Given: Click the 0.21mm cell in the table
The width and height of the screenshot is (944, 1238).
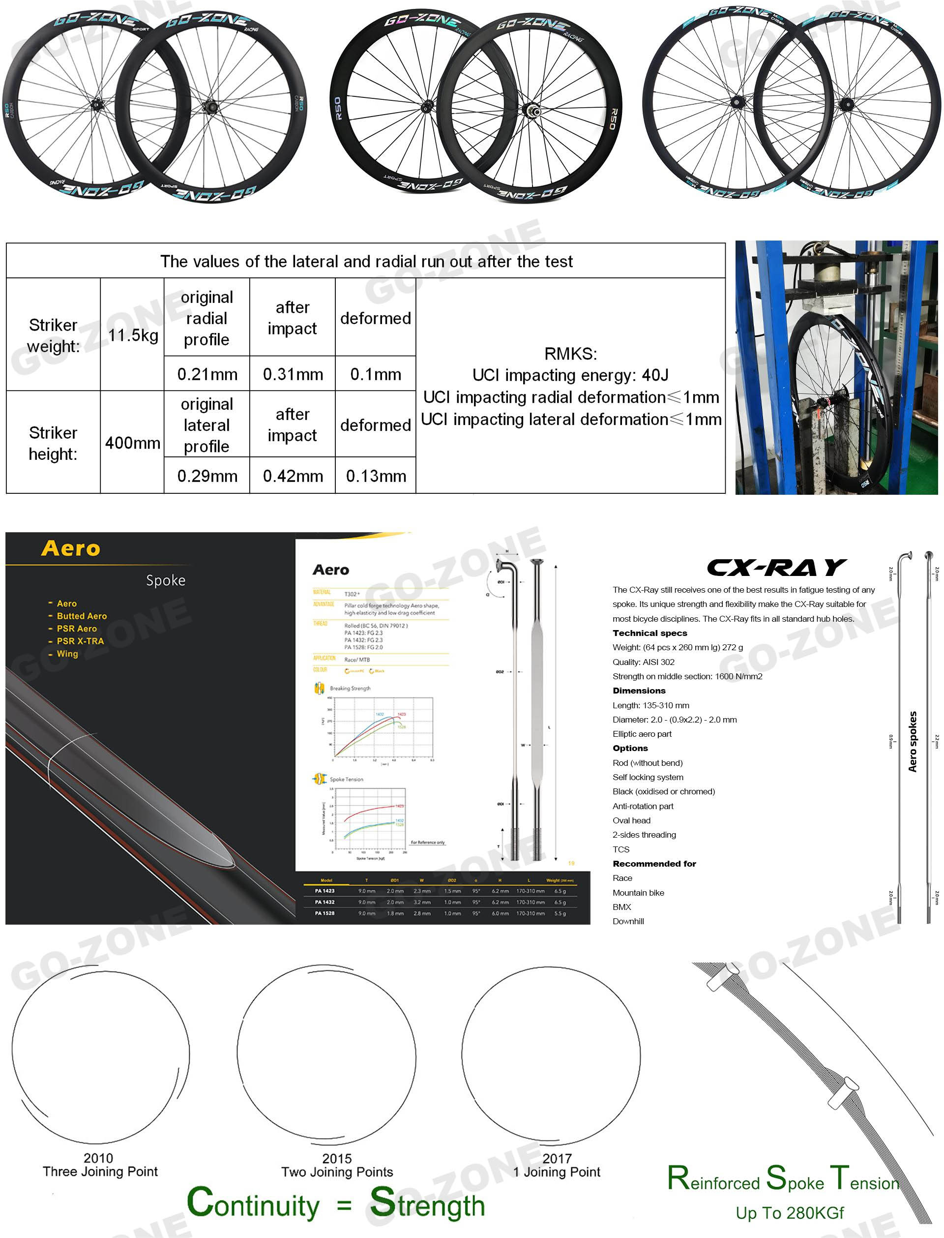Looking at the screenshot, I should click(207, 374).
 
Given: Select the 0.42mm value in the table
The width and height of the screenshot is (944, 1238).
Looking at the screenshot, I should click(293, 476).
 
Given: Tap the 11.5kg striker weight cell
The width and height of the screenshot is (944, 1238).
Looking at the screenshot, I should click(133, 335).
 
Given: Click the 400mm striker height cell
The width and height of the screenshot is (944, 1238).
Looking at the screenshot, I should click(133, 443).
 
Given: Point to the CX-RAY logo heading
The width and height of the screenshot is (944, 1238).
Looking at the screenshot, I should click(776, 568).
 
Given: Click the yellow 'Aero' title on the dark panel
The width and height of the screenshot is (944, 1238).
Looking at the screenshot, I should click(71, 548).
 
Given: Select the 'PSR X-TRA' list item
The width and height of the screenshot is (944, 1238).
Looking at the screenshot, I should click(80, 641).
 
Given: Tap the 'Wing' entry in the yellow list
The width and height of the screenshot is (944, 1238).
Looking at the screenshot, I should click(67, 654).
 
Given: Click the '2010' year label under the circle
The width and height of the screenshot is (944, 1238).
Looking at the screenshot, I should click(98, 1158).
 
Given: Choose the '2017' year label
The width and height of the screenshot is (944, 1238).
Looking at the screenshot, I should click(557, 1158).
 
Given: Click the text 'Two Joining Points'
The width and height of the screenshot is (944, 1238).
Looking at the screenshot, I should click(337, 1172).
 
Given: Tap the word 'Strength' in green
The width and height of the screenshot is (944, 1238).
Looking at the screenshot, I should click(427, 1204).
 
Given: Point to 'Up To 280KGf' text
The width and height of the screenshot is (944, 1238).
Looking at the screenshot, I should click(790, 1213).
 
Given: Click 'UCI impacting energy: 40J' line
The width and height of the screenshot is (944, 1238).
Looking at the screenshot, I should click(570, 375).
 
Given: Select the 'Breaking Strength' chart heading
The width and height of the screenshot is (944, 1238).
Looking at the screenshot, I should click(350, 689).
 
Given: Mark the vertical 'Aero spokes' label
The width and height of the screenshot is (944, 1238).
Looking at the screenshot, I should click(913, 742).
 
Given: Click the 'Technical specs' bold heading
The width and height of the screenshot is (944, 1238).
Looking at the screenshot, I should click(649, 633).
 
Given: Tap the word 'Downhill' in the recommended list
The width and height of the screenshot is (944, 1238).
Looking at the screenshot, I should click(628, 921).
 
